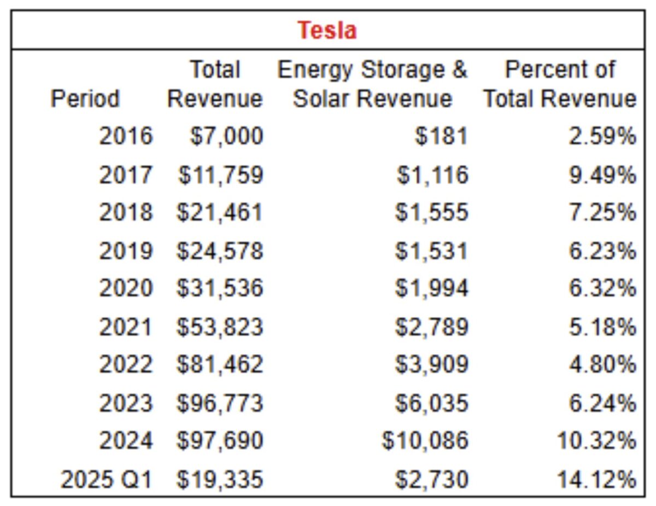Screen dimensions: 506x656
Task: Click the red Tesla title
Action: point(327,30)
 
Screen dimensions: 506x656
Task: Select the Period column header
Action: point(85,99)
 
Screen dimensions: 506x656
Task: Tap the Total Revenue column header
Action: point(215,84)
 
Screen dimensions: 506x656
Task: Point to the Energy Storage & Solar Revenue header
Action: point(372,84)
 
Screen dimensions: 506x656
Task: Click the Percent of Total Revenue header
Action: point(559,84)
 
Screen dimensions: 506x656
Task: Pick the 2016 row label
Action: point(125,136)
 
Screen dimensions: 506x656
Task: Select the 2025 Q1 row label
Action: point(106,480)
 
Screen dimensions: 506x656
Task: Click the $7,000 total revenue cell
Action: point(226,136)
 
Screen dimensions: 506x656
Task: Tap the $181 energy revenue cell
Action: point(441,136)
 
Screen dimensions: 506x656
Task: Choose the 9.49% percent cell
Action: point(602,175)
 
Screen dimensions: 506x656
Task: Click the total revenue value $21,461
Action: point(219,212)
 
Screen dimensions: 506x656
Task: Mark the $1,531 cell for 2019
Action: point(432,251)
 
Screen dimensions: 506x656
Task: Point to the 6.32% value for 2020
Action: point(602,288)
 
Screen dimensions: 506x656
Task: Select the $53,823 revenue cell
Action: point(219,327)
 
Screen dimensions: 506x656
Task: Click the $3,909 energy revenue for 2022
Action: point(432,364)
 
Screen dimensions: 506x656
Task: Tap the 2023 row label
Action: point(125,403)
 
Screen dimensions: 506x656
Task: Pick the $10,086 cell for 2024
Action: point(425,440)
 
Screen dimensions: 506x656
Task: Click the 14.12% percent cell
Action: point(597,480)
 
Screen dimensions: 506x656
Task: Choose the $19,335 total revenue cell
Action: point(219,480)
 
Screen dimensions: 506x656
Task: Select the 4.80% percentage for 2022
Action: point(602,364)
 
